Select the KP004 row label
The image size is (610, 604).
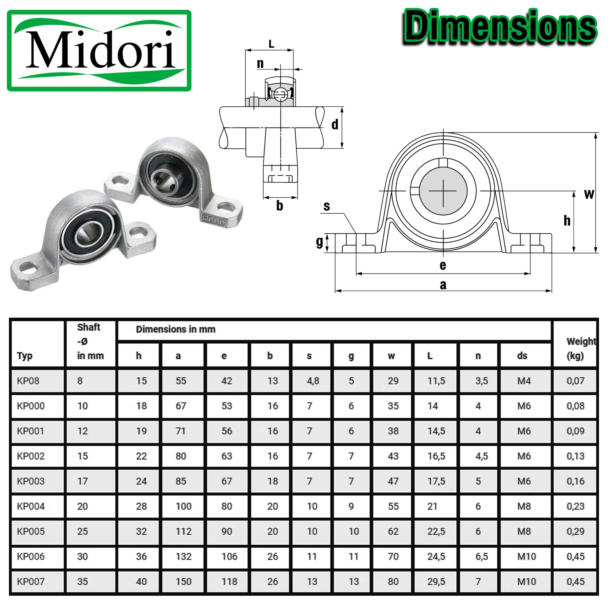tap(31, 506)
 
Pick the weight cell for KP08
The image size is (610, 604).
tap(575, 381)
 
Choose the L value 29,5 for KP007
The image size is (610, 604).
tap(436, 582)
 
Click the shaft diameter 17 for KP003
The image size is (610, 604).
tap(82, 481)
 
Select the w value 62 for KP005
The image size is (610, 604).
tap(393, 531)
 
